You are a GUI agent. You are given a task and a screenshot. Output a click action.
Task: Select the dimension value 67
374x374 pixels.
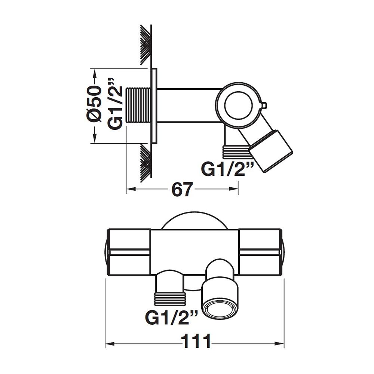coord(182,190)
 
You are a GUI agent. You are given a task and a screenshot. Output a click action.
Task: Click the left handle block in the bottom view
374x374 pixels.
coord(129,252)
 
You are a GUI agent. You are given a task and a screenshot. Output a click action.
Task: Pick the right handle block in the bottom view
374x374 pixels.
coord(260,252)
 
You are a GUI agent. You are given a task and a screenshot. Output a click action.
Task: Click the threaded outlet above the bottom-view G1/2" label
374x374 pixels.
coord(169,298)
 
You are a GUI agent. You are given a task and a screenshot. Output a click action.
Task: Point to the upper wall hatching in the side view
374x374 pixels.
coord(146,45)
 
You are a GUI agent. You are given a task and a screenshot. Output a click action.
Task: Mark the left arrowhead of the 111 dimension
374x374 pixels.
coord(109,344)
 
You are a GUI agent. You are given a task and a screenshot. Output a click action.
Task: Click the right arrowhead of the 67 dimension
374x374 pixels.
coord(234,189)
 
